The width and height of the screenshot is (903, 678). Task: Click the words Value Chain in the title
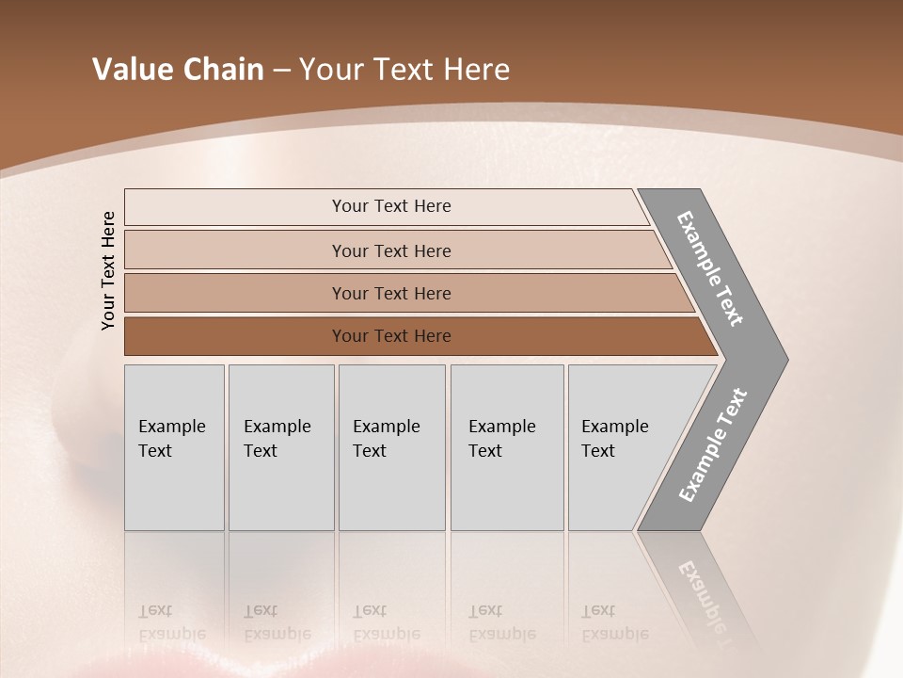tap(178, 70)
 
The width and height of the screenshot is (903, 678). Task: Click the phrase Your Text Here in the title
tap(404, 70)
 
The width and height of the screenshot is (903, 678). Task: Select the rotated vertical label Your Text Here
tap(108, 270)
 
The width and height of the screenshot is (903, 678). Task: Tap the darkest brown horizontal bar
tap(235, 336)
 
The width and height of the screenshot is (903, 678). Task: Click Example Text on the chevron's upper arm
tap(710, 268)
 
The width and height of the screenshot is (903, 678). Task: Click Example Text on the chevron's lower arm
tap(713, 445)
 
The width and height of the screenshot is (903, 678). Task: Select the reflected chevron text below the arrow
tap(708, 593)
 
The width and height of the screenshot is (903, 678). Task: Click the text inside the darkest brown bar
tap(391, 336)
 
